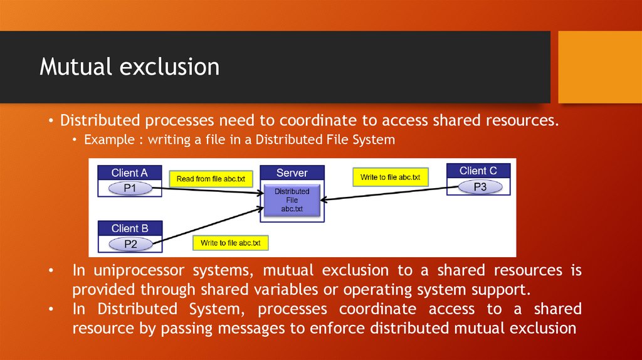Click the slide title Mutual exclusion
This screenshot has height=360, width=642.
coord(129,66)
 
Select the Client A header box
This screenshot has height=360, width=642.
coord(130,172)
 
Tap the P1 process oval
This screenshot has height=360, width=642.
coord(130,188)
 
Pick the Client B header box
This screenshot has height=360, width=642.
coord(130,228)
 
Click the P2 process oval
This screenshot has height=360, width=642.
coord(130,244)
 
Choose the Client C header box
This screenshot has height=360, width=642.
coord(478,171)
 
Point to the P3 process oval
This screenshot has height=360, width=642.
coord(480,186)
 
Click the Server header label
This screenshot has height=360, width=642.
coord(292,172)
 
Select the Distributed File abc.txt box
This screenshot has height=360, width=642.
coord(292,199)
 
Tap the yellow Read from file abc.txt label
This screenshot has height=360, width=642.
coord(211,179)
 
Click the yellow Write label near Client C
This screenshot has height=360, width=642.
coord(390,177)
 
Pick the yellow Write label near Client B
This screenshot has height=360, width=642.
coord(230,243)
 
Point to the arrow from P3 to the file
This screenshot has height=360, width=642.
coord(389,193)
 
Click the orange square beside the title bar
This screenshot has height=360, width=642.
coord(599,66)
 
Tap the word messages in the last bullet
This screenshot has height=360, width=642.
coord(323,328)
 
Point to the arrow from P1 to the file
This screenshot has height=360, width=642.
coord(207,191)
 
